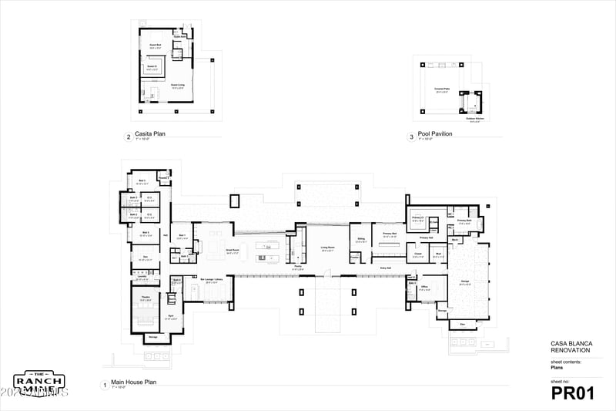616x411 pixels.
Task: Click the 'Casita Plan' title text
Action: (150, 133)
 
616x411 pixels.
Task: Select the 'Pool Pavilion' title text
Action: (435, 133)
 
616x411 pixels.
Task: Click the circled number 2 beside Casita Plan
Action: (128, 137)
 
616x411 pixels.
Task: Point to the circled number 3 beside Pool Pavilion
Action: (411, 137)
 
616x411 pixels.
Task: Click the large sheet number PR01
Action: (573, 393)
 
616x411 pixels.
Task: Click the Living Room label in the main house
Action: (328, 248)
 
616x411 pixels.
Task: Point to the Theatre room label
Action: (145, 295)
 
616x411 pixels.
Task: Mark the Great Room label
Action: (232, 249)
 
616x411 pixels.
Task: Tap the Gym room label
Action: (170, 315)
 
